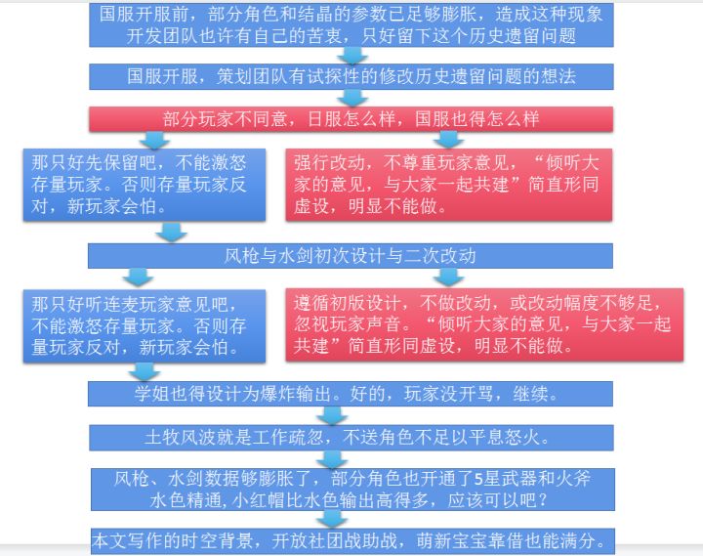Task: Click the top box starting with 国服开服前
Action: click(x=351, y=24)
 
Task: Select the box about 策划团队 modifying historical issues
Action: click(x=351, y=76)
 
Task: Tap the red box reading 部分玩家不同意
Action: click(x=351, y=118)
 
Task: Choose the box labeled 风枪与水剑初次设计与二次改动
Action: click(x=351, y=256)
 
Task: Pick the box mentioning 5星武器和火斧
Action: click(x=351, y=489)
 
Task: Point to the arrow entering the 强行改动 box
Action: click(x=450, y=140)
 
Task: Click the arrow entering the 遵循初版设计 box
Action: click(x=450, y=278)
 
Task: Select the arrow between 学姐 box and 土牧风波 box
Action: click(x=334, y=415)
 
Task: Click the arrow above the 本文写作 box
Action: click(x=334, y=518)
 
